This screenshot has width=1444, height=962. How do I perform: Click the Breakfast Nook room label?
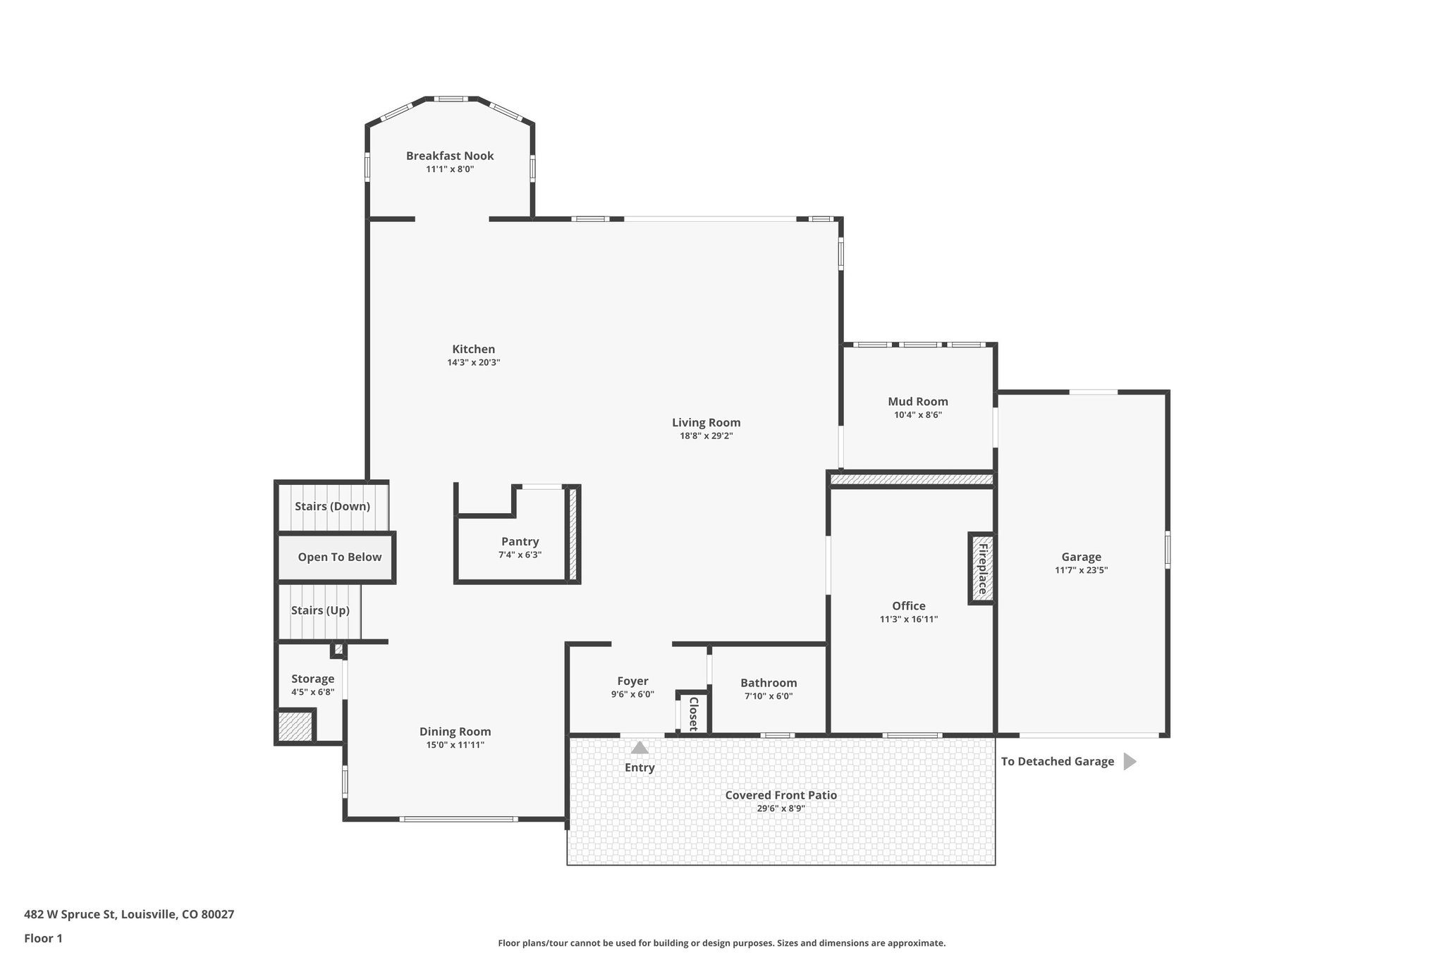pyautogui.click(x=450, y=156)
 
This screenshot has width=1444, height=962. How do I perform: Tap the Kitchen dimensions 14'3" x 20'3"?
pyautogui.click(x=473, y=363)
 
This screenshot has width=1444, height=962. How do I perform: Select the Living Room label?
pyautogui.click(x=706, y=423)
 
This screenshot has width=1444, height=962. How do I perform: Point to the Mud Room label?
pyautogui.click(x=917, y=402)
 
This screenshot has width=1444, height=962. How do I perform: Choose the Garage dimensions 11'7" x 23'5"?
pyautogui.click(x=1081, y=571)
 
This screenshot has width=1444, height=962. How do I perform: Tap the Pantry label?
pyautogui.click(x=520, y=542)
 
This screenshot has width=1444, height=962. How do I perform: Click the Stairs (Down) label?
pyautogui.click(x=332, y=507)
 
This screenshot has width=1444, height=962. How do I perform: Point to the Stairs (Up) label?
pyautogui.click(x=320, y=610)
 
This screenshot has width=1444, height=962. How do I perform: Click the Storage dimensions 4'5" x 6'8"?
pyautogui.click(x=312, y=693)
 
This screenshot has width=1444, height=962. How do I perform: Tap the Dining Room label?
pyautogui.click(x=455, y=732)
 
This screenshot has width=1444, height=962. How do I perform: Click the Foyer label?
pyautogui.click(x=632, y=681)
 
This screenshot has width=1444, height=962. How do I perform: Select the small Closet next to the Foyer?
pyautogui.click(x=692, y=713)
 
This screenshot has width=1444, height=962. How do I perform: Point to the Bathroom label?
pyautogui.click(x=769, y=683)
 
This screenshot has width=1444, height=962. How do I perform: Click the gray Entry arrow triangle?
pyautogui.click(x=640, y=748)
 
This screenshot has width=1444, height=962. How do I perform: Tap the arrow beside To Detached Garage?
pyautogui.click(x=1129, y=761)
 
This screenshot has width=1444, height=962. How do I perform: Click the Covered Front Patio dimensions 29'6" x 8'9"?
pyautogui.click(x=781, y=809)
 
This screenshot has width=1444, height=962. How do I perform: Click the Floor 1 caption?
pyautogui.click(x=43, y=939)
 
